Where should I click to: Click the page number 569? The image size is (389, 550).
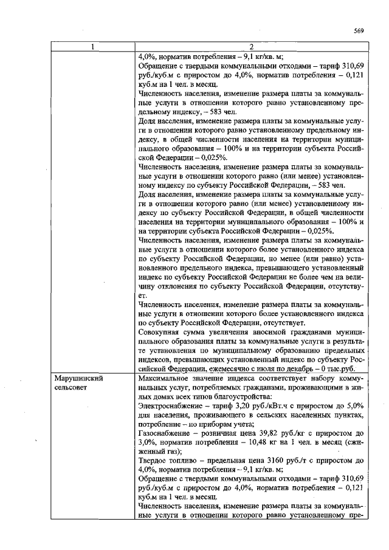click(x=358, y=32)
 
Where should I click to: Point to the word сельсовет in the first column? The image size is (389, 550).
click(x=71, y=387)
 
